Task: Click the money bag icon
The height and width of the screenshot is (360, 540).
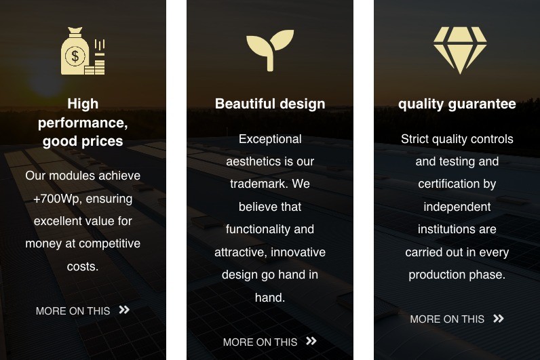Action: [x=75, y=52]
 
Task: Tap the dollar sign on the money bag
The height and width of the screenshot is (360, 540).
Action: [x=75, y=56]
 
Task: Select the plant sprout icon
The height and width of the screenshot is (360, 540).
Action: [x=270, y=50]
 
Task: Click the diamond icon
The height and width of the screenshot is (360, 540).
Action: [x=460, y=50]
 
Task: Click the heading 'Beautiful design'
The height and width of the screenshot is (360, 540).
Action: [x=270, y=104]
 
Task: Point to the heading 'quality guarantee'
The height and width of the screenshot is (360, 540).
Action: [x=457, y=104]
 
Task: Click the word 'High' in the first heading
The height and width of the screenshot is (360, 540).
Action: [x=83, y=104]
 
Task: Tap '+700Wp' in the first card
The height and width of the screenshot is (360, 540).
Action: [x=56, y=199]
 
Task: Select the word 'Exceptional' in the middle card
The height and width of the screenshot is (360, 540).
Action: [x=270, y=139]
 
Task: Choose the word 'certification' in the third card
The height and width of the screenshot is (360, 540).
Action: [x=448, y=184]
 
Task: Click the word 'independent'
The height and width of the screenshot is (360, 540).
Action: [x=457, y=207]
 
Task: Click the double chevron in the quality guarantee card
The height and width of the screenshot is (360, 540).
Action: [x=499, y=319]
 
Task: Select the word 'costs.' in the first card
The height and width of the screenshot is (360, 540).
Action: [x=83, y=266]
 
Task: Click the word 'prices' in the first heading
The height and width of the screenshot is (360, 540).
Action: [x=102, y=142]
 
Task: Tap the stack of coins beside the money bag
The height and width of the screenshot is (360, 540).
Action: [x=95, y=67]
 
